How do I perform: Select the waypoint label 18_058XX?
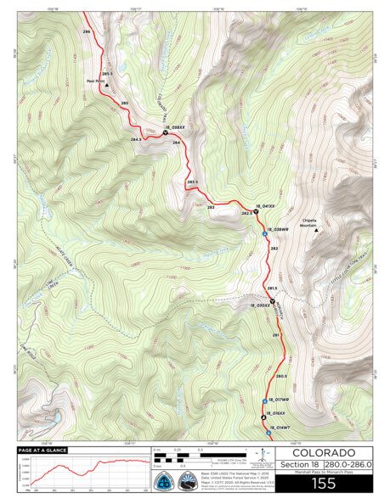click(174, 127)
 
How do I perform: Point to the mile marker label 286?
click(87, 31)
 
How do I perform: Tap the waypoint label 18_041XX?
click(267, 205)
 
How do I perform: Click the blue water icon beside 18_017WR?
click(264, 400)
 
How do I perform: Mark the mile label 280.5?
click(282, 376)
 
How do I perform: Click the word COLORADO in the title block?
click(324, 453)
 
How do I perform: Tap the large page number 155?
click(324, 484)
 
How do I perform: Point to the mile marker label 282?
click(274, 249)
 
